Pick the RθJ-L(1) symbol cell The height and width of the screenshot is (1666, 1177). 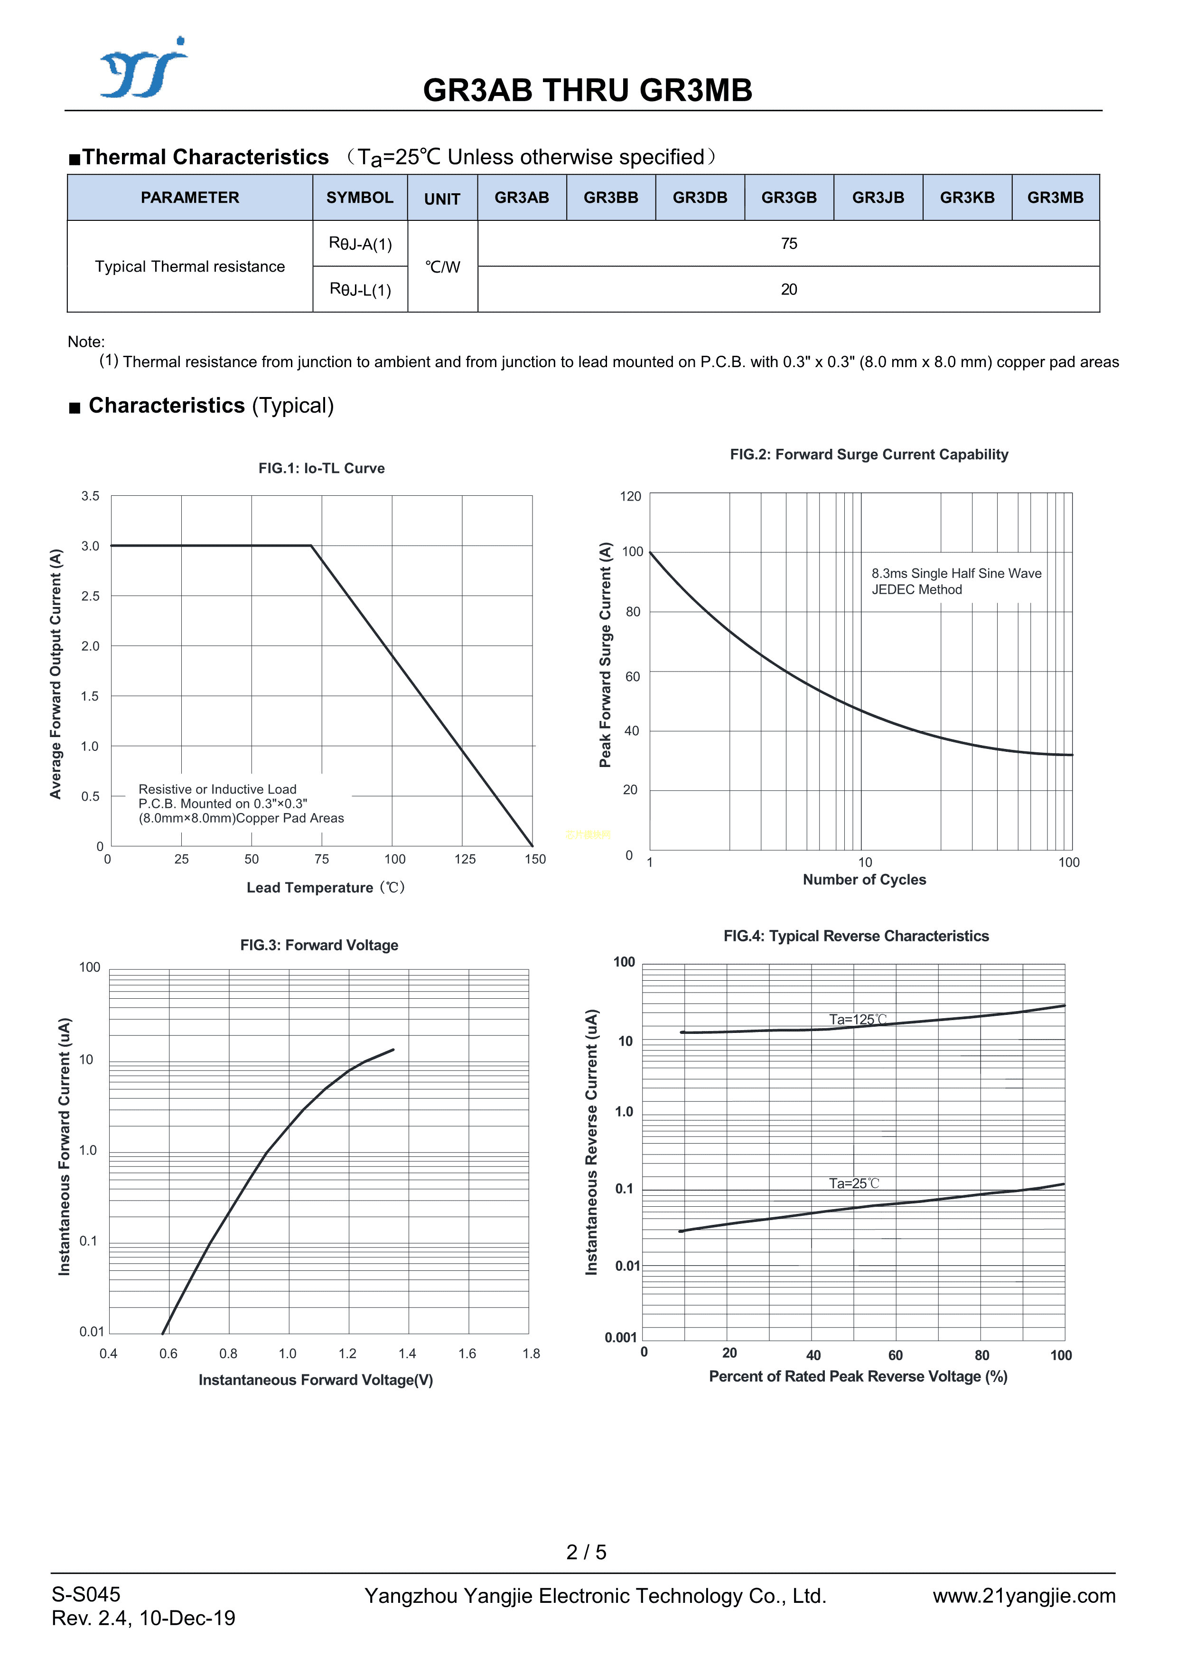click(x=360, y=290)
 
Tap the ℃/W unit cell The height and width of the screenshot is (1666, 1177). click(x=442, y=267)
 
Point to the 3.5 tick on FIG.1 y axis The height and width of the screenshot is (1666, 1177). click(x=90, y=496)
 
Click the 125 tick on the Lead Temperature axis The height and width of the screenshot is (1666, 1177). click(x=465, y=859)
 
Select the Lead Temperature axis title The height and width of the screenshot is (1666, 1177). click(x=326, y=888)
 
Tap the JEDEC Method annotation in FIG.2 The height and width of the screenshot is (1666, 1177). click(x=916, y=590)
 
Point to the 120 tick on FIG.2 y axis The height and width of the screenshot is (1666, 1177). click(x=630, y=496)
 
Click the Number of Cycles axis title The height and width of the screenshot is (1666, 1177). click(x=864, y=880)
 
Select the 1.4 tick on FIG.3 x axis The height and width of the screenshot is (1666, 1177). click(x=407, y=1353)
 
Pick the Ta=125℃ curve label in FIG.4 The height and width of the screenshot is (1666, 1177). click(x=858, y=1020)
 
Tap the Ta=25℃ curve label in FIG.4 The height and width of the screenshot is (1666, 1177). click(x=854, y=1183)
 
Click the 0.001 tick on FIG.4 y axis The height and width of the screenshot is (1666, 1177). click(x=621, y=1337)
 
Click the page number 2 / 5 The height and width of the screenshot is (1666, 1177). click(x=586, y=1552)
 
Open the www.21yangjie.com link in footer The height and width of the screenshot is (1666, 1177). click(x=1023, y=1596)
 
